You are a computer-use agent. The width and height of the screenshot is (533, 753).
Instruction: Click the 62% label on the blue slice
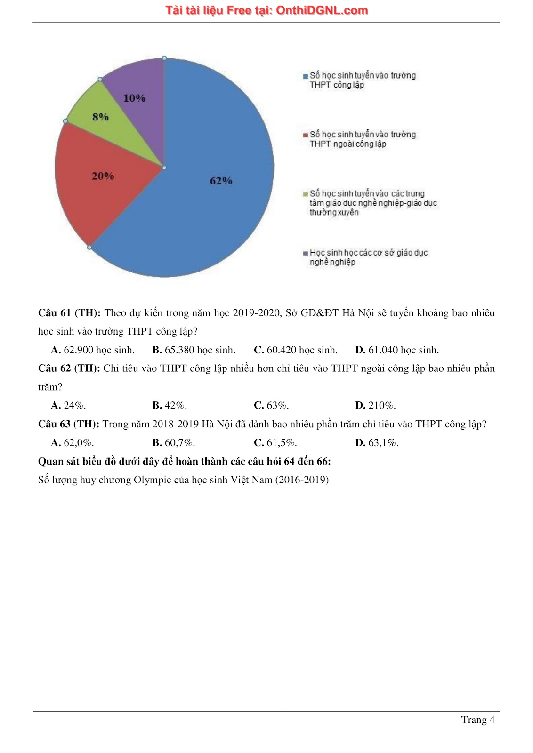[x=221, y=181]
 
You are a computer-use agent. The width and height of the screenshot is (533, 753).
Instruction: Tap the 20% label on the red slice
[x=103, y=176]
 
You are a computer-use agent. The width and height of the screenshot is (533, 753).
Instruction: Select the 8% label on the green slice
[x=100, y=117]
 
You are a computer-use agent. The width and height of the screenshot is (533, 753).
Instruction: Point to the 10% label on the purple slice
[x=134, y=98]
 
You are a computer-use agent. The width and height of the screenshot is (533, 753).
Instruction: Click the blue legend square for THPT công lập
[x=306, y=76]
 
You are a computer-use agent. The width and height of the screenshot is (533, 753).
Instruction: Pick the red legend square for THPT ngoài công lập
[x=306, y=135]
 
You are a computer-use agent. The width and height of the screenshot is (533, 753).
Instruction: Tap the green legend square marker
[x=306, y=194]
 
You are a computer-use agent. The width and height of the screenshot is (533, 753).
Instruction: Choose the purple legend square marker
[x=306, y=253]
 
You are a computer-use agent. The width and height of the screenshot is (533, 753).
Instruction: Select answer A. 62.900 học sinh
[x=93, y=350]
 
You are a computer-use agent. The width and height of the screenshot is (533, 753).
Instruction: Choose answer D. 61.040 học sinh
[x=397, y=350]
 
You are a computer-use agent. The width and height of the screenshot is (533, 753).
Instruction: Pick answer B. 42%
[x=170, y=405]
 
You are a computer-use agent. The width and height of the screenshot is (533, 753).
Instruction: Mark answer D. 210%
[x=375, y=405]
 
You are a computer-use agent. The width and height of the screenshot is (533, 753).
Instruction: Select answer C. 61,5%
[x=275, y=443]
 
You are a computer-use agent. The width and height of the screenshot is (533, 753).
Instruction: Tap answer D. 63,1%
[x=377, y=443]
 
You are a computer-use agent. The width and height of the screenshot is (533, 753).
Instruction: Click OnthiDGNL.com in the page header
[x=322, y=10]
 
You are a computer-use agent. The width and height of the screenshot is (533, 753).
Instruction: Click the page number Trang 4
[x=477, y=720]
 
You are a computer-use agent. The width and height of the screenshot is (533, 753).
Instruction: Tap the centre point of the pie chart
[x=164, y=168]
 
